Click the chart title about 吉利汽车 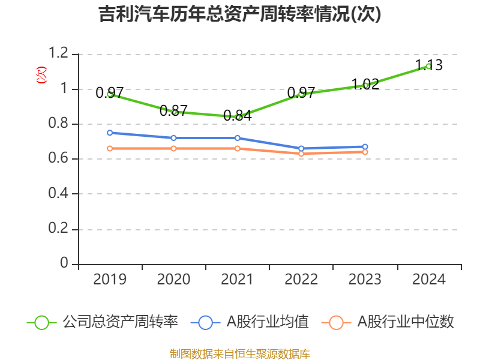click(x=240, y=14)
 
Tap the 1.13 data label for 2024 click(x=430, y=65)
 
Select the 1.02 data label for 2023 click(x=365, y=84)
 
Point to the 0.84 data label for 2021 click(x=238, y=116)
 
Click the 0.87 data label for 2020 click(x=174, y=110)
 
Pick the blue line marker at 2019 click(x=110, y=133)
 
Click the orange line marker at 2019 click(x=110, y=148)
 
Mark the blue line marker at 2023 click(x=365, y=146)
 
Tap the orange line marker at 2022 click(x=301, y=154)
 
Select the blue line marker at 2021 click(x=238, y=138)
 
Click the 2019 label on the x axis click(x=110, y=279)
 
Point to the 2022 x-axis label click(x=301, y=279)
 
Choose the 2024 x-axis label click(x=430, y=279)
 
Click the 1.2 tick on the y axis click(x=59, y=54)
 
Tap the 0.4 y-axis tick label click(x=59, y=194)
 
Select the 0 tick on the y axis click(x=65, y=264)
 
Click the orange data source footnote click(x=240, y=353)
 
